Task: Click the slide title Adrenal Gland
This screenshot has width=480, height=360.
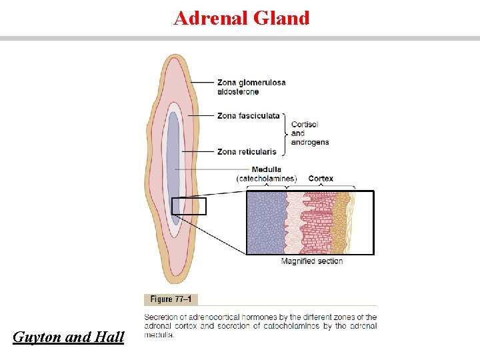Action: click(x=241, y=18)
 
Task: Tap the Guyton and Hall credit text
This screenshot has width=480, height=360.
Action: click(x=69, y=337)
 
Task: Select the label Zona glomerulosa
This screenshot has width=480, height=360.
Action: click(x=251, y=83)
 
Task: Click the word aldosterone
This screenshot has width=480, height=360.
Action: click(x=238, y=91)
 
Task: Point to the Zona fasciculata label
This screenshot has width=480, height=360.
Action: click(x=249, y=116)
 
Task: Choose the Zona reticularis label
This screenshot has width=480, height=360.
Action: click(x=247, y=152)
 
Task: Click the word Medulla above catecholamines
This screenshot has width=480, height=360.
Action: click(x=267, y=169)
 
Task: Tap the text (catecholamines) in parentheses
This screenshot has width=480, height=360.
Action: click(x=267, y=179)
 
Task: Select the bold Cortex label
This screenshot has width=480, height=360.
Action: click(x=321, y=179)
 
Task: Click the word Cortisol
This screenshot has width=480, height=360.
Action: click(x=305, y=125)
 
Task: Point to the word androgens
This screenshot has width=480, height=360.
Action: click(x=310, y=142)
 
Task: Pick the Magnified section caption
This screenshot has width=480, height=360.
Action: click(x=312, y=261)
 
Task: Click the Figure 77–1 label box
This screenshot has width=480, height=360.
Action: click(x=171, y=300)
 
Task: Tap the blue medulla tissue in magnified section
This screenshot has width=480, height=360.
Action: click(x=266, y=223)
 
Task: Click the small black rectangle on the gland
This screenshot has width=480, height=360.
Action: click(x=189, y=207)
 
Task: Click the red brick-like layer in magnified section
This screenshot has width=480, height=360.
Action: click(x=317, y=223)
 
